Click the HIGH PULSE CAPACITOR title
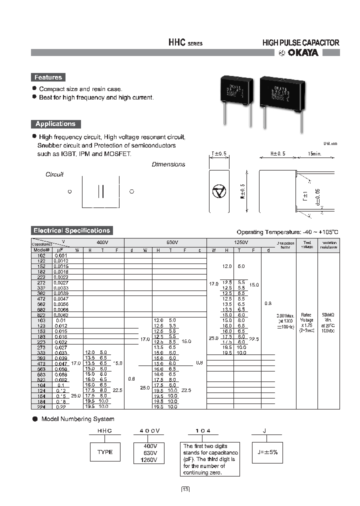(x=300, y=43)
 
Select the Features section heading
(x=48, y=77)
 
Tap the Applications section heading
(x=55, y=124)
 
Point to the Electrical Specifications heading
(x=71, y=230)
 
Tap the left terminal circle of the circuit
(x=70, y=191)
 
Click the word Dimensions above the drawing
(x=168, y=164)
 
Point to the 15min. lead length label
(x=315, y=154)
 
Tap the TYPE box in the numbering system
(x=105, y=452)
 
